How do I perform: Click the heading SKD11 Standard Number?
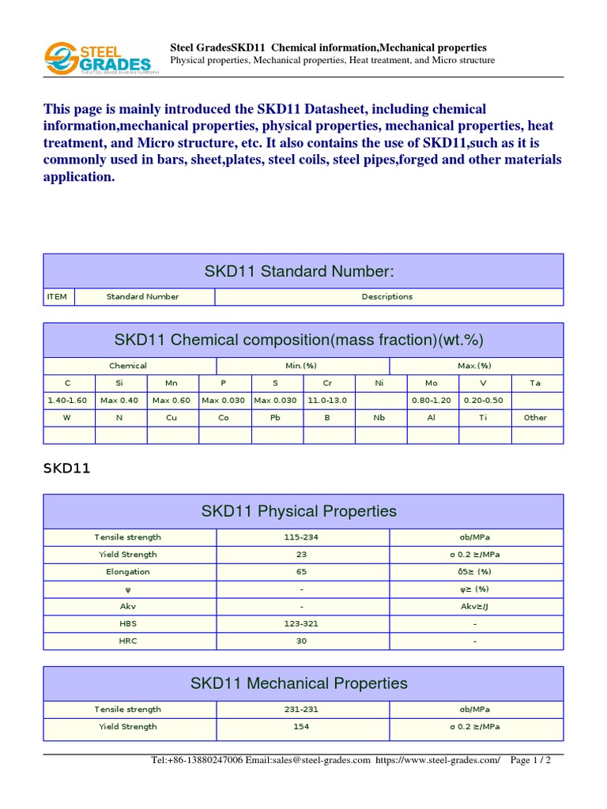click(303, 272)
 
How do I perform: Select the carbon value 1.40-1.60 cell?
click(69, 401)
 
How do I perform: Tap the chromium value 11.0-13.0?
click(328, 401)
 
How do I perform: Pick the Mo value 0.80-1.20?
click(432, 401)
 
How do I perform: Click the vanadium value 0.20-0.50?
click(483, 401)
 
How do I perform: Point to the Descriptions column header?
click(387, 297)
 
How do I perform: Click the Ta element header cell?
click(535, 383)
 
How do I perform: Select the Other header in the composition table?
click(535, 418)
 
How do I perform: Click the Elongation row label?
click(128, 572)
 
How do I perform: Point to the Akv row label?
click(128, 607)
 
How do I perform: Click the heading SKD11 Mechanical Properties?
click(300, 683)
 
